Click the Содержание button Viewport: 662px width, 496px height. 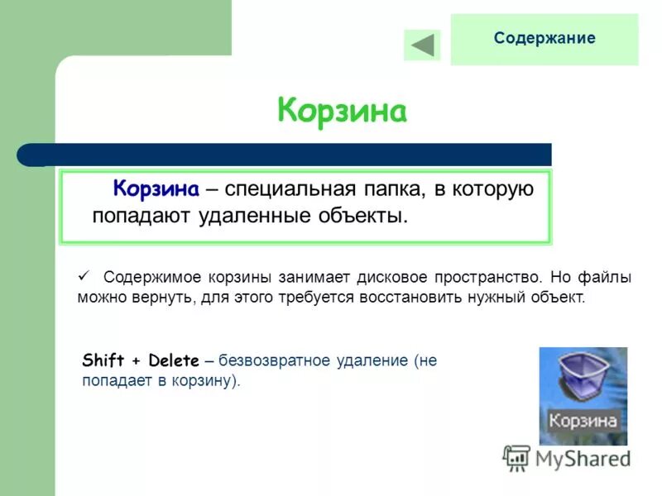click(x=544, y=39)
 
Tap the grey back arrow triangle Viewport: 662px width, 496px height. click(x=423, y=45)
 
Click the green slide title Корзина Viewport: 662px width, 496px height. click(x=342, y=111)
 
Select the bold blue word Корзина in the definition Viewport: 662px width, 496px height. click(x=156, y=189)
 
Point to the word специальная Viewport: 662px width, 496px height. click(x=289, y=189)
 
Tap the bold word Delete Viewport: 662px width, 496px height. click(x=174, y=360)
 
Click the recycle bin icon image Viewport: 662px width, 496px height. click(x=583, y=379)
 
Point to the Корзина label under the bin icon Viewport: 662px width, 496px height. click(x=583, y=420)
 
